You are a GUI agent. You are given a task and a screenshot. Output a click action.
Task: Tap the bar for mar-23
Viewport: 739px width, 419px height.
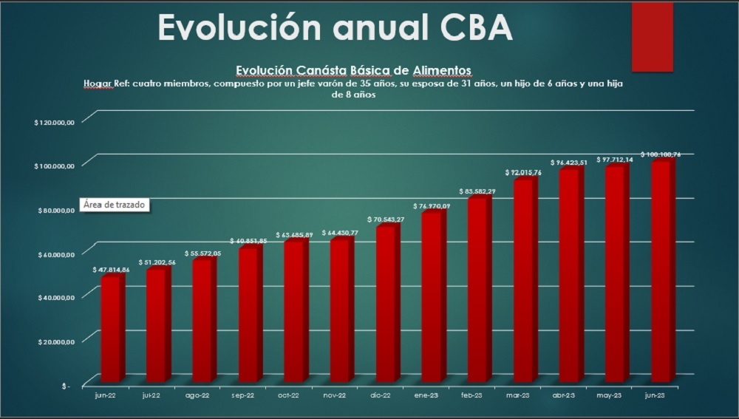point(524,281)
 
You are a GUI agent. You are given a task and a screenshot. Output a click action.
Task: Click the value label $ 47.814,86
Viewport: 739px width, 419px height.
point(111,270)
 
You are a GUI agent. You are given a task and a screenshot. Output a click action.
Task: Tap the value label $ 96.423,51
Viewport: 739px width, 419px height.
point(570,163)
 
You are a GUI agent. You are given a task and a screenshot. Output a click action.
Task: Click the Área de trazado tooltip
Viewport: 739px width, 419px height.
point(115,205)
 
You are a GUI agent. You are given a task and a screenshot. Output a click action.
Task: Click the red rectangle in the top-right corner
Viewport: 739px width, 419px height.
point(652,37)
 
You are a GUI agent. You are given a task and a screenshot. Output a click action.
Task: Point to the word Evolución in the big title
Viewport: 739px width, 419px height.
point(236,27)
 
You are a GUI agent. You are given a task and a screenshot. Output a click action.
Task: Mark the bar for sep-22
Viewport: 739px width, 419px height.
point(249,314)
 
